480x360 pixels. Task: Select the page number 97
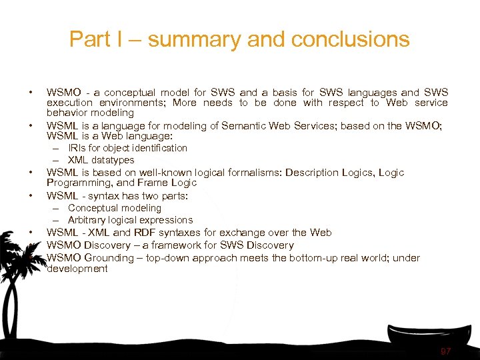(445, 351)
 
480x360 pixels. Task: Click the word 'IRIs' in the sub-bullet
(77, 148)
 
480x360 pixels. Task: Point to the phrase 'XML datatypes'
(101, 160)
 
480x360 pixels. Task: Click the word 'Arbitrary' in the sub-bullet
(89, 220)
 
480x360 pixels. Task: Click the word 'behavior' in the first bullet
(67, 113)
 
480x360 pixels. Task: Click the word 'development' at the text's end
(77, 269)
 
